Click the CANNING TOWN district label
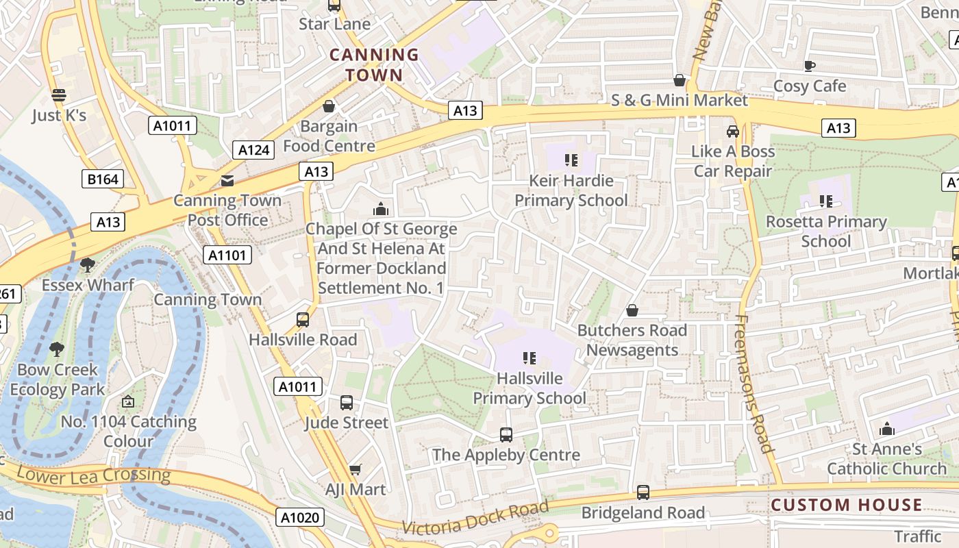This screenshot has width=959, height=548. pyautogui.click(x=373, y=64)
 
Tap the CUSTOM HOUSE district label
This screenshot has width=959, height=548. pyautogui.click(x=846, y=506)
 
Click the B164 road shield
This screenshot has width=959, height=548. pyautogui.click(x=103, y=179)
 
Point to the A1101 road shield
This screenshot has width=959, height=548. pyautogui.click(x=227, y=256)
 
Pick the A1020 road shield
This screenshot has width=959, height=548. pyautogui.click(x=301, y=517)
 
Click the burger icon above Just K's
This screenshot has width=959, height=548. pyautogui.click(x=59, y=95)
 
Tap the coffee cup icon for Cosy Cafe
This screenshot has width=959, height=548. pyautogui.click(x=809, y=66)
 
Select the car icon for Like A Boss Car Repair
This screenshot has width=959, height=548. pyautogui.click(x=732, y=131)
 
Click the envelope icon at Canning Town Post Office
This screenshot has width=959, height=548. pyautogui.click(x=227, y=181)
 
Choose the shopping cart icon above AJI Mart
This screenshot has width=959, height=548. pyautogui.click(x=355, y=469)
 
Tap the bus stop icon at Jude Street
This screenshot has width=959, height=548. pyautogui.click(x=347, y=403)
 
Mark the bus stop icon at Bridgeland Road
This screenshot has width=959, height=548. pyautogui.click(x=643, y=492)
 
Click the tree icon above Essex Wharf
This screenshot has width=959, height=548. pyautogui.click(x=87, y=264)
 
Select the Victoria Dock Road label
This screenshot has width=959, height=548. pyautogui.click(x=475, y=518)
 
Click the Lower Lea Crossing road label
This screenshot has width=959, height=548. pyautogui.click(x=93, y=475)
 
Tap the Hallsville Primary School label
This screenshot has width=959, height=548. pyautogui.click(x=530, y=388)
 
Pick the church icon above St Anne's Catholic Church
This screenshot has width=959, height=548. pyautogui.click(x=887, y=429)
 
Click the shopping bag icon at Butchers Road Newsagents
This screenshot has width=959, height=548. pyautogui.click(x=632, y=310)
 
